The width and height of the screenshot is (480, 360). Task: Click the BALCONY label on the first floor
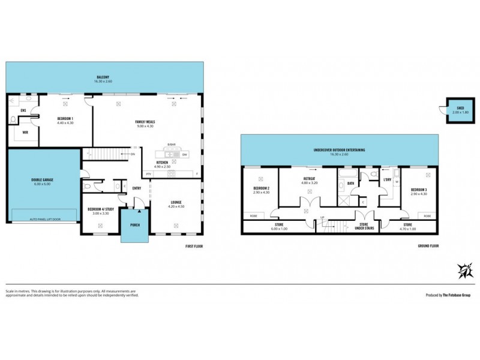(x=104, y=77)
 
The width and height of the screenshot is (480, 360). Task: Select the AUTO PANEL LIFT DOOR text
(x=44, y=220)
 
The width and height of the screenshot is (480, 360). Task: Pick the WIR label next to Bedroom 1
(x=25, y=132)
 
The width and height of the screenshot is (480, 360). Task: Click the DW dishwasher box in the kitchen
(x=185, y=154)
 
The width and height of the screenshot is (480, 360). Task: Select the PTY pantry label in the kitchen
(x=149, y=174)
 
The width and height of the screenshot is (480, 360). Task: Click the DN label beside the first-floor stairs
(x=133, y=154)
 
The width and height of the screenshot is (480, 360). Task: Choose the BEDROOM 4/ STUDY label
(x=100, y=209)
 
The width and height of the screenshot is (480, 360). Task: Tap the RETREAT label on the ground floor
(x=310, y=178)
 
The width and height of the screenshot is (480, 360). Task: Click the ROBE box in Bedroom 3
(x=427, y=216)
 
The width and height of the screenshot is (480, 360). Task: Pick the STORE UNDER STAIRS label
(x=363, y=227)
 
